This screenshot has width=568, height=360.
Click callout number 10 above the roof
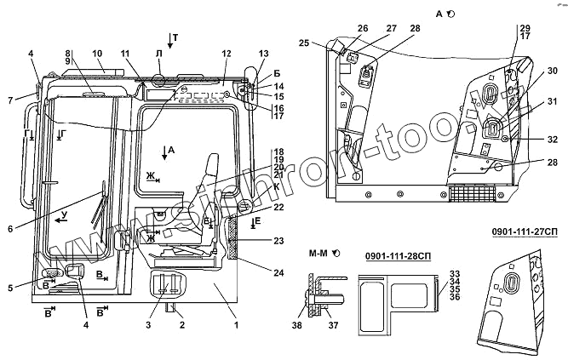pos(96,54)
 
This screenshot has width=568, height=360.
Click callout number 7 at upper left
pos(10,100)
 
